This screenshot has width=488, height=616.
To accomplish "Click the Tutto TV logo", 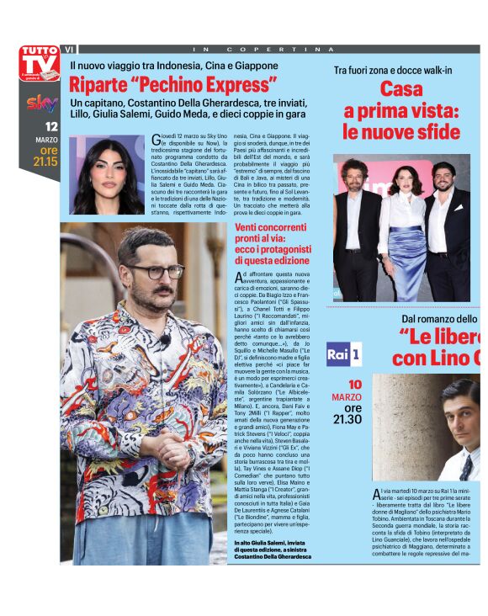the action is click(x=40, y=62).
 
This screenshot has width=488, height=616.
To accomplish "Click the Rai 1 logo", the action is click(x=343, y=354).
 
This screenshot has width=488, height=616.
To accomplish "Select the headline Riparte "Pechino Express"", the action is click(x=173, y=85).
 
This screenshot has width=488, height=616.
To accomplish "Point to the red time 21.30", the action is click(x=347, y=419).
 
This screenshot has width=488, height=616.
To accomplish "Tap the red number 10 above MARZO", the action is click(x=355, y=385).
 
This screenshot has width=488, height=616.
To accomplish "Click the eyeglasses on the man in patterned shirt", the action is click(x=155, y=271).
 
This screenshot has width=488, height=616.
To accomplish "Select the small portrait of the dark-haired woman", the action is click(x=107, y=175).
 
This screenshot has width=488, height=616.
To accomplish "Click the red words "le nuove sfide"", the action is click(x=401, y=131).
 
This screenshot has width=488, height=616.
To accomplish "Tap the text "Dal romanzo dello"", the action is click(x=438, y=319).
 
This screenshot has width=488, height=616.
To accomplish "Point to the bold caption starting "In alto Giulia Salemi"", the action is click(x=272, y=550).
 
